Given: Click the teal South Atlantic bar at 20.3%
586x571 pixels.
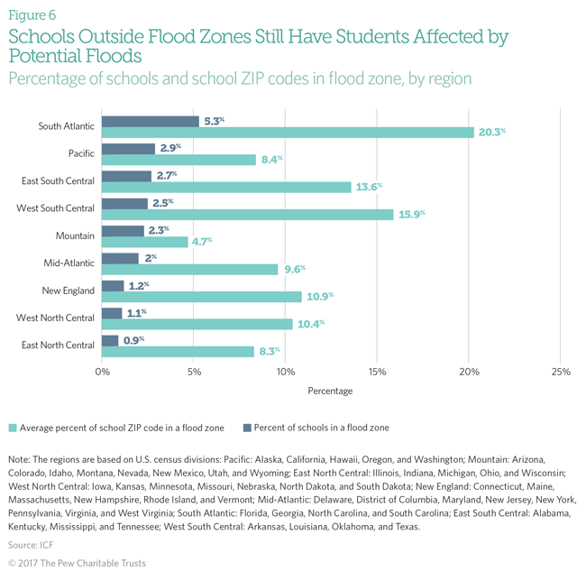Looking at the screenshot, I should (288, 133).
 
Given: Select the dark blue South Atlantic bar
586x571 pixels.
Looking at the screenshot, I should (150, 121).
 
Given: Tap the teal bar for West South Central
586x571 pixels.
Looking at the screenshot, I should (247, 214).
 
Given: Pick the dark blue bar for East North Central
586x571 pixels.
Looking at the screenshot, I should (110, 340).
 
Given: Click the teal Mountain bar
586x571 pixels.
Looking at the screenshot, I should (144, 242).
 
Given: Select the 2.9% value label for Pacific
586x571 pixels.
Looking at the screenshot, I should (169, 147).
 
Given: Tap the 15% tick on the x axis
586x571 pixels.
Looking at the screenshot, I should (377, 371).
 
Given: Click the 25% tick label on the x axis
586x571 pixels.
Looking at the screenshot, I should (560, 371).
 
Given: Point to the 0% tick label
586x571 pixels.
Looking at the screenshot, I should (102, 371).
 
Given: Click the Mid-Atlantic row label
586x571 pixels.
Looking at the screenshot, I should (69, 263).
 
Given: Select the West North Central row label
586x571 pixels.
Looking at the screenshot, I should (56, 318).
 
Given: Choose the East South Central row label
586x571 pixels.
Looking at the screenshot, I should (56, 181).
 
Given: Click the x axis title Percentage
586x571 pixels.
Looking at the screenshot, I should (330, 391).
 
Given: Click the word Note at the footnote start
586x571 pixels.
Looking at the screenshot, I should (20, 459).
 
